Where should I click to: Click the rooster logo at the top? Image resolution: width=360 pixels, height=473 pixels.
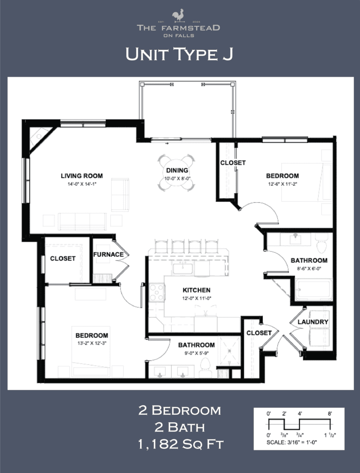[178, 16]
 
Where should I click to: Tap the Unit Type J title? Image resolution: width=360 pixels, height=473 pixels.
[179, 55]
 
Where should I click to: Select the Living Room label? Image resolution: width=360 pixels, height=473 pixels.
[82, 176]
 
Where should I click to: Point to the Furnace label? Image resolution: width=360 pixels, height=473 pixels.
[109, 255]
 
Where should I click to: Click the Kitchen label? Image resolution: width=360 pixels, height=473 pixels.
[196, 290]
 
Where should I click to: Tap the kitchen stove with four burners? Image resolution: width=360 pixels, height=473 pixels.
[157, 292]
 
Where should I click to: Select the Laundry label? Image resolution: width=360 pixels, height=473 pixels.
[313, 321]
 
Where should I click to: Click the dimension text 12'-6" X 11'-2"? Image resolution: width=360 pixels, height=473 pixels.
[282, 184]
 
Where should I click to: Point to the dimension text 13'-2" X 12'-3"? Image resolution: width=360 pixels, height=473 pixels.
[92, 343]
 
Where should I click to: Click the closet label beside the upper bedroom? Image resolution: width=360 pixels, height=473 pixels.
[233, 163]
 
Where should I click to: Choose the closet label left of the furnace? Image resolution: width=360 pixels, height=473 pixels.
[63, 258]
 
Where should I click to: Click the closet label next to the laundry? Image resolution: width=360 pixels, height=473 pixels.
[259, 333]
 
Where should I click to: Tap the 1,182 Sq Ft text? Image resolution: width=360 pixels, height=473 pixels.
[181, 445]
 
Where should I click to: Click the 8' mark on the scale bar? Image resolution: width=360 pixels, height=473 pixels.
[329, 414]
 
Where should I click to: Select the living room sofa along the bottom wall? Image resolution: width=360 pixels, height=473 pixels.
[82, 221]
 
